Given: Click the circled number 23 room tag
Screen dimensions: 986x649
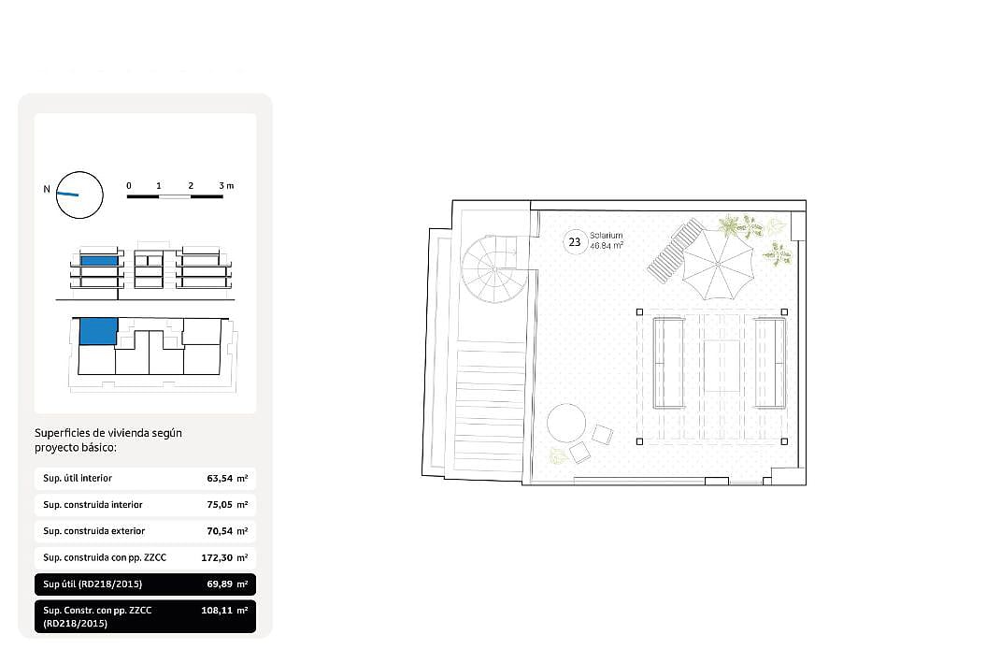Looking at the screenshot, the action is coord(575,241).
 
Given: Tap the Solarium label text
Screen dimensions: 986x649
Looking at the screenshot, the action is coord(607,236).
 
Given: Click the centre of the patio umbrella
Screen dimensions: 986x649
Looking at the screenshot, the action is coord(718,265).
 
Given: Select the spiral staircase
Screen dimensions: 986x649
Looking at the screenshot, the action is coord(495,268).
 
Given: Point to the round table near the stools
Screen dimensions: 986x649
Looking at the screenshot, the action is coord(566,423).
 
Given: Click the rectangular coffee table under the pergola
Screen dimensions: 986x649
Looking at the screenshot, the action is coord(722,366).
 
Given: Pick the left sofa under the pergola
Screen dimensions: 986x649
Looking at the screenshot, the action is coord(668,363).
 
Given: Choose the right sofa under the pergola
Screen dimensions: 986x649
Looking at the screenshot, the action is coord(770,363).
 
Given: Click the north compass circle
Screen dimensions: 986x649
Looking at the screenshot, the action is coord(79,195).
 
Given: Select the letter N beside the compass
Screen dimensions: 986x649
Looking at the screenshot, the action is coord(47,189).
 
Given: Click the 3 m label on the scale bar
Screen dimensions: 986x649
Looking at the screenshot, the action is coord(226,186).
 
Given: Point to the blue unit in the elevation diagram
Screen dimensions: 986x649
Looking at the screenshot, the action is coord(99,261).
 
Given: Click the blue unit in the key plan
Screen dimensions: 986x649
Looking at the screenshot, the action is coord(98,331).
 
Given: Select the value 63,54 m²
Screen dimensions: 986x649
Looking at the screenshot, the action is coord(227,479).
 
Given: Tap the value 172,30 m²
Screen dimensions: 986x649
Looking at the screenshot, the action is coord(224,557).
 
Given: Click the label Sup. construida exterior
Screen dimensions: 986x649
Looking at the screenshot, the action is coord(93,531).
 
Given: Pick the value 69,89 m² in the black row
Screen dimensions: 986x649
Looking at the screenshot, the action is coord(227,584).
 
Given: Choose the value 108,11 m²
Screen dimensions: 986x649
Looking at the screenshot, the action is coord(224,610).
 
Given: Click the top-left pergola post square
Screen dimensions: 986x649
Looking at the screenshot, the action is coord(639,312).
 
